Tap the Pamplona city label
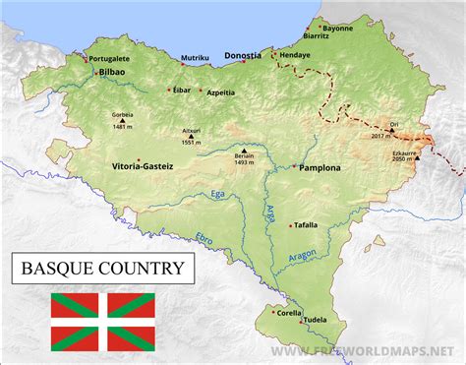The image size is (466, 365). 320,168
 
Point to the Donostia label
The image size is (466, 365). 242,56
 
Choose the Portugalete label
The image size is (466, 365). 111,57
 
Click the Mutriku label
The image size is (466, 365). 196,58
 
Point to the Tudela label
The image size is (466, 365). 315,320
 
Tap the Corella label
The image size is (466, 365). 289,313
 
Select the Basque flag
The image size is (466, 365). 103,322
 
